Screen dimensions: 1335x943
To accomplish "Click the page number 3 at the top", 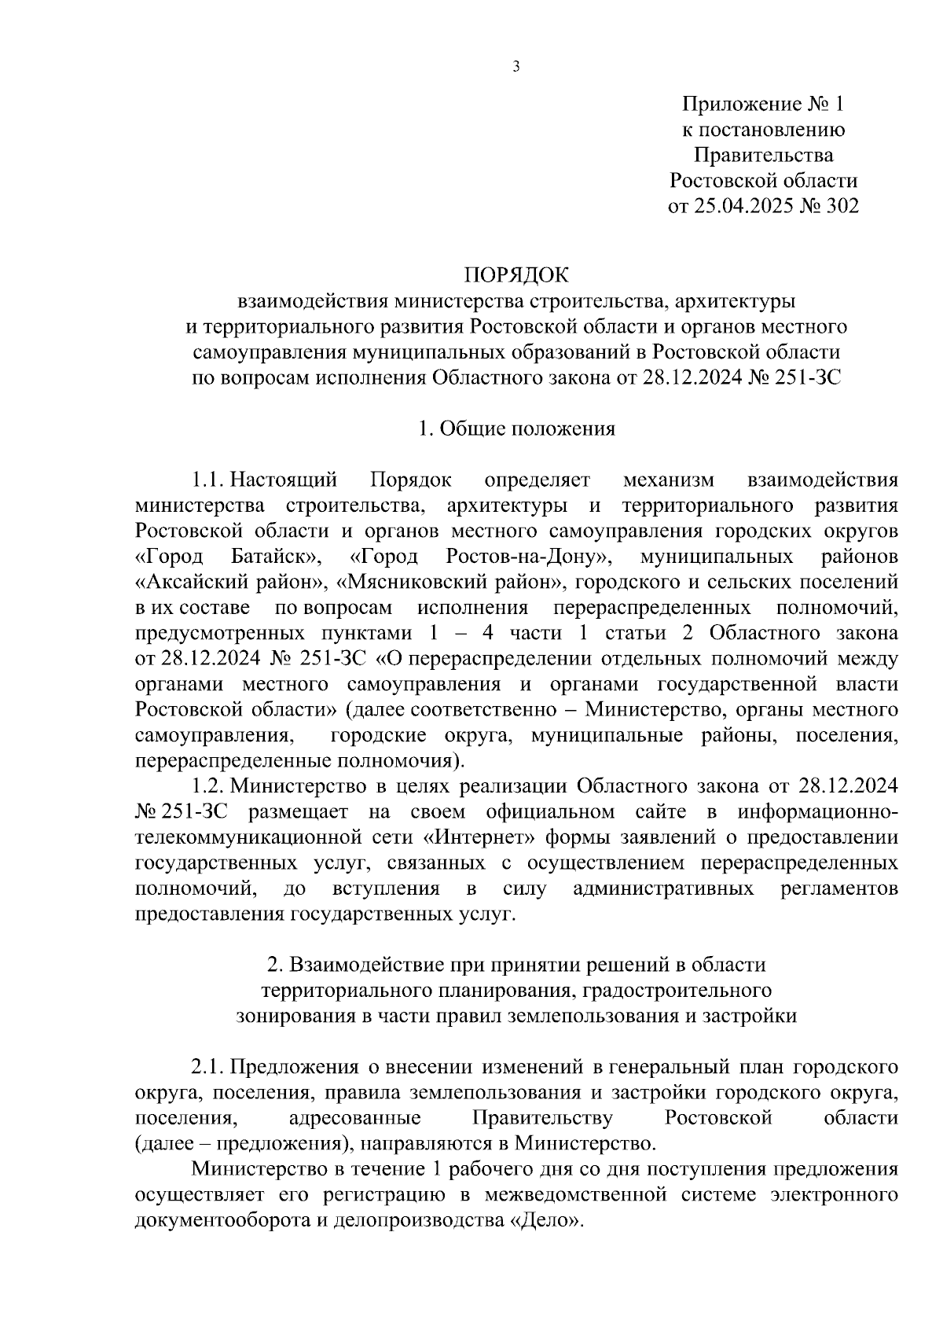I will (516, 67).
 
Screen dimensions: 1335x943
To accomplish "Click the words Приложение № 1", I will (762, 104).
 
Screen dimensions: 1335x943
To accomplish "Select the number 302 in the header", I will (838, 206).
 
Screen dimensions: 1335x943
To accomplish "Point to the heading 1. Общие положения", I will (516, 428).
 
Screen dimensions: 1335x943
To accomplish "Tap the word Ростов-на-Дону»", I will (528, 557).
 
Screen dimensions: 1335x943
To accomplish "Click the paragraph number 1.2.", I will (209, 786).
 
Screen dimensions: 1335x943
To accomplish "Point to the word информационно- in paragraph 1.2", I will (818, 812).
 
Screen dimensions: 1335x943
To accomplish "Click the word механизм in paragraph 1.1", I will (669, 480).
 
